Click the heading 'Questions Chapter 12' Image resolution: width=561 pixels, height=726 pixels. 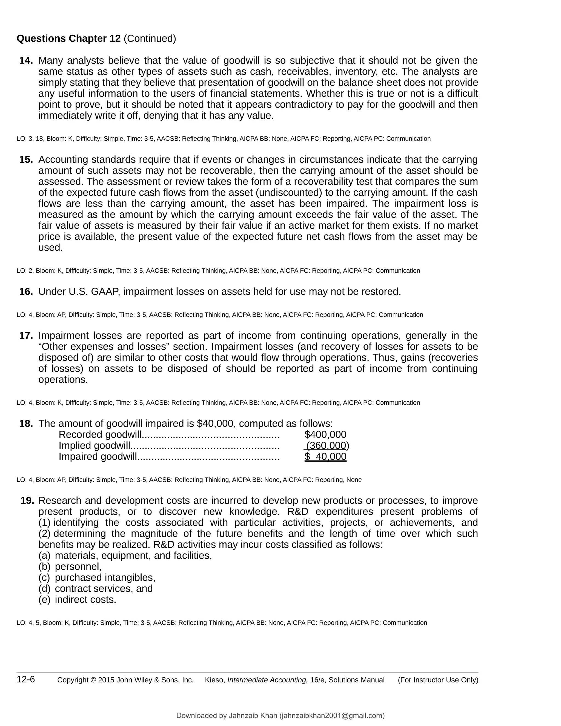click(68, 39)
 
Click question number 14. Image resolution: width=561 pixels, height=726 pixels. click(26, 61)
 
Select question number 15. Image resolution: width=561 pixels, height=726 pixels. click(26, 159)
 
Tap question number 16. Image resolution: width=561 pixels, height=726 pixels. click(26, 291)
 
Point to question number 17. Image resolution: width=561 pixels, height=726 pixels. click(26, 335)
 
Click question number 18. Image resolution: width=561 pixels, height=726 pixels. click(26, 424)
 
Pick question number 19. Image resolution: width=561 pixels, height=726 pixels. click(27, 500)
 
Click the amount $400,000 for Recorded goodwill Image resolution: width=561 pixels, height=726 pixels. click(325, 435)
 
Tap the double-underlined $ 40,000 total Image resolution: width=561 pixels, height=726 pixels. click(325, 456)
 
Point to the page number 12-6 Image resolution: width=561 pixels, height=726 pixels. click(25, 679)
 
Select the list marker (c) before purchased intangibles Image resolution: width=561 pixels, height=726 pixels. click(44, 578)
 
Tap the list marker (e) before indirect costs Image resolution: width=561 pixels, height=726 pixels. click(44, 599)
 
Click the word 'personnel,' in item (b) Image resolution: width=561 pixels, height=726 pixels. click(78, 567)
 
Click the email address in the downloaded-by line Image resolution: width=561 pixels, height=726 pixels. click(332, 715)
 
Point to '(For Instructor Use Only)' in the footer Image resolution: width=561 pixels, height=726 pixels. click(438, 680)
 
